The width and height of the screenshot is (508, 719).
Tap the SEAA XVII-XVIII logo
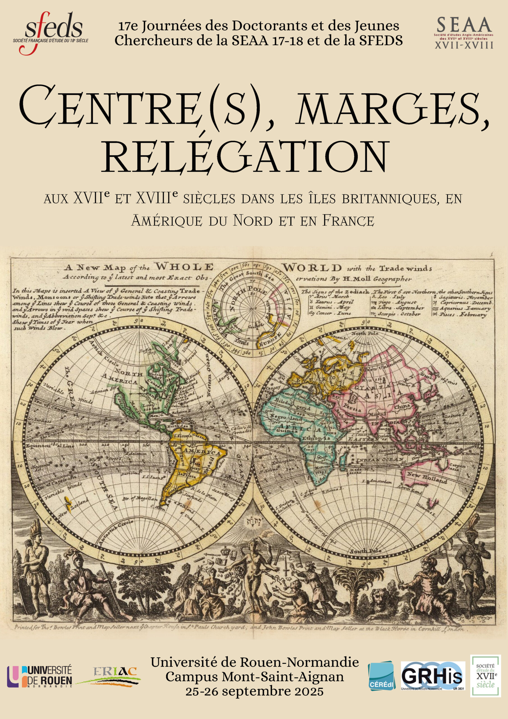464,33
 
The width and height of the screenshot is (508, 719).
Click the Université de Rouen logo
40,676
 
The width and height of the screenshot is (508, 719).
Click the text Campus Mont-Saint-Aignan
254,677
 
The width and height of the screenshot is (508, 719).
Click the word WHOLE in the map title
185,267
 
